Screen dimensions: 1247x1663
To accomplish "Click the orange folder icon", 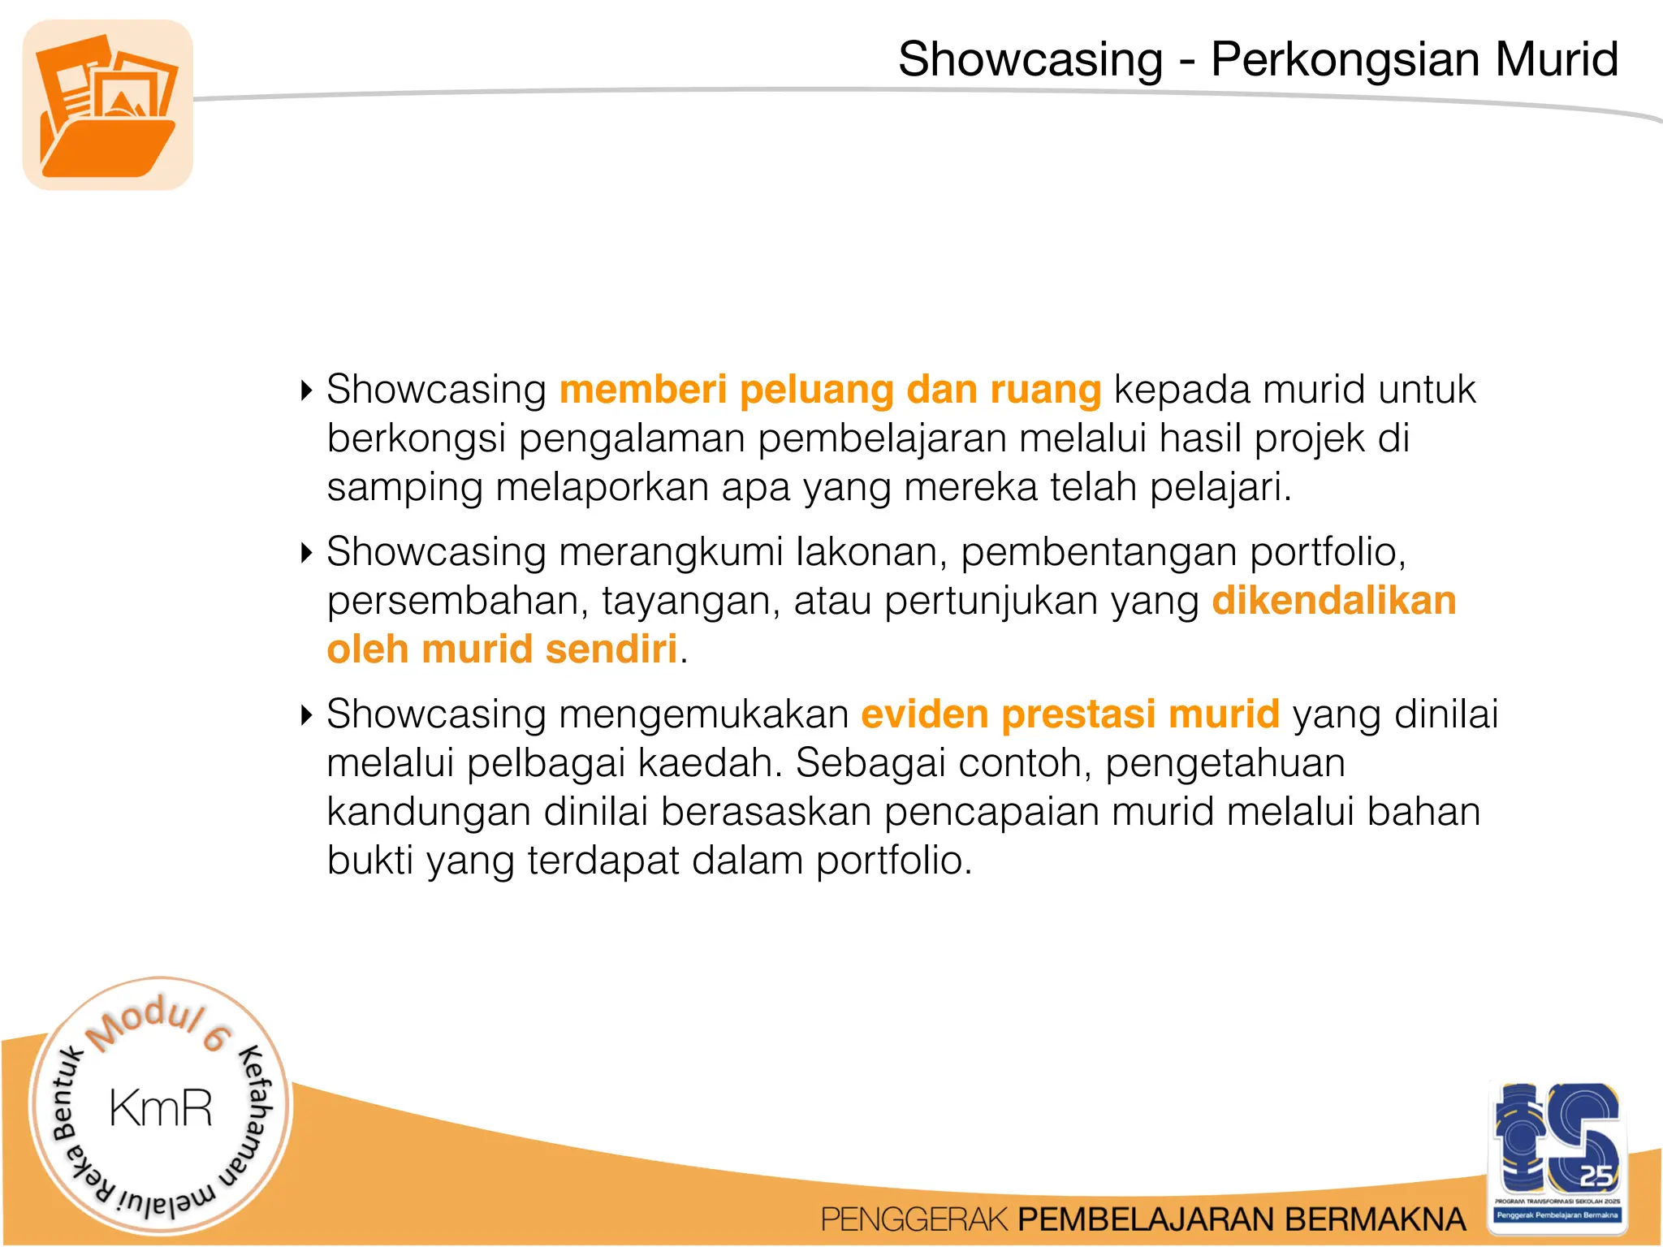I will click(x=108, y=106).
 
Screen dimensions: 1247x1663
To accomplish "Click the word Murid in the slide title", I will click(x=1557, y=59).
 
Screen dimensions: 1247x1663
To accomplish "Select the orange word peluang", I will click(x=816, y=390).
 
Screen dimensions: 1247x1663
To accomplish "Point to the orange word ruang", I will click(x=1046, y=390).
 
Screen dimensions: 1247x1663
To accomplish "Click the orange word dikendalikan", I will click(x=1334, y=601).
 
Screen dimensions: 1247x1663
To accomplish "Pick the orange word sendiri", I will click(x=611, y=649).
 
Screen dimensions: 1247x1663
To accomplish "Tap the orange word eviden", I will click(x=924, y=714).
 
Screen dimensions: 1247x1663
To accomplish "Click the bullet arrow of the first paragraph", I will click(x=306, y=390).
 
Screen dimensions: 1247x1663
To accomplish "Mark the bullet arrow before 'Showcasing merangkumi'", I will click(x=306, y=553).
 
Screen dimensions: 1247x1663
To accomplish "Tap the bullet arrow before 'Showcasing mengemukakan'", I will click(x=306, y=715).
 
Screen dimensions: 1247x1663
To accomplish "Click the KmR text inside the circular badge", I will click(x=161, y=1108).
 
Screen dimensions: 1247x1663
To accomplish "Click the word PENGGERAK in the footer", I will click(x=914, y=1219).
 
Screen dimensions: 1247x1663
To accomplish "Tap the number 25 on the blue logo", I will click(x=1595, y=1175).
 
